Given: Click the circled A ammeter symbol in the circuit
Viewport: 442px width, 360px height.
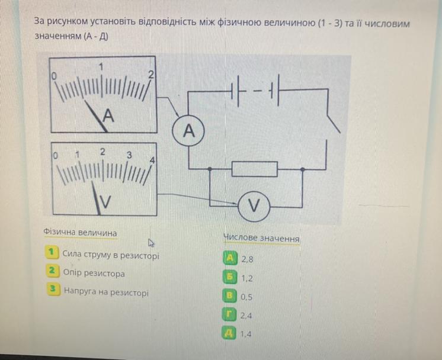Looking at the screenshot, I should (188, 131).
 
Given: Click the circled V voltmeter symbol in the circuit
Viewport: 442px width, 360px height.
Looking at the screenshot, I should (254, 205).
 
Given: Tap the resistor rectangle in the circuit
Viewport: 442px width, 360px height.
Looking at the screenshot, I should (254, 170).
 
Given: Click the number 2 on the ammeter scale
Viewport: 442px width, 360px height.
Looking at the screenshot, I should (150, 75).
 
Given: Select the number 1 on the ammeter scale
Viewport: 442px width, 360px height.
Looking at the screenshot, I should (102, 66).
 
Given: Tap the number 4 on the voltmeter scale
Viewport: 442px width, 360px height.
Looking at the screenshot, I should (152, 160).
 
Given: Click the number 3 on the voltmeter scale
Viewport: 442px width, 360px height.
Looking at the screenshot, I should (129, 155).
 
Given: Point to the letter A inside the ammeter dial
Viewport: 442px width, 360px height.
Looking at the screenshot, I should (107, 116).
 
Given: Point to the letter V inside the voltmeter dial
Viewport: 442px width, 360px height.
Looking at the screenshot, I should (104, 202).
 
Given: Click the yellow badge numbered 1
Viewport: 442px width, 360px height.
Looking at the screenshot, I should (52, 253).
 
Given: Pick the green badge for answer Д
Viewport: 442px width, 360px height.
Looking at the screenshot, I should (229, 333).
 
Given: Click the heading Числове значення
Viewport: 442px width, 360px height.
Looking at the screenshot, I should (261, 238).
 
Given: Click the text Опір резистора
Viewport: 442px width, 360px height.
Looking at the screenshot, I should (94, 274).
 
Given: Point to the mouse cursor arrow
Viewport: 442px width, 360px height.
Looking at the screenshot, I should (151, 242).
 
